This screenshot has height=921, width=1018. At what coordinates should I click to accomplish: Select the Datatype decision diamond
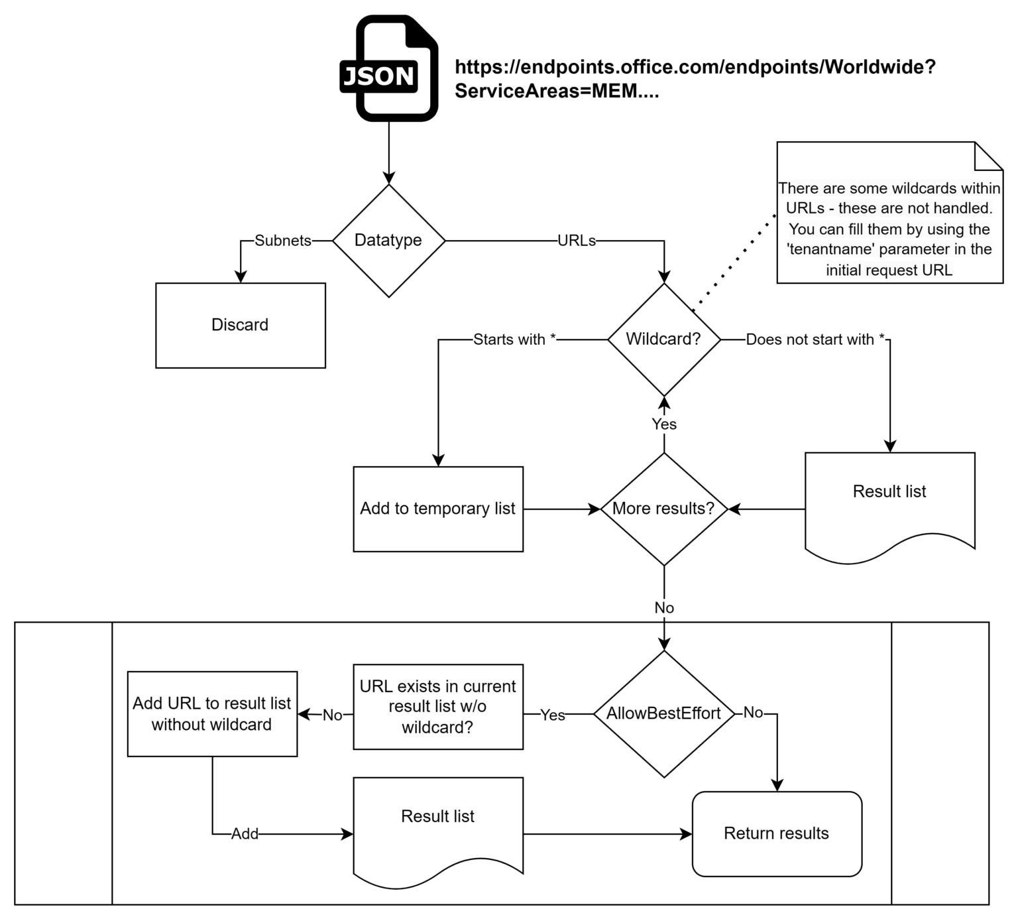coord(388,241)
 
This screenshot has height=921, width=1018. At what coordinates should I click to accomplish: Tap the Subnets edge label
coord(283,241)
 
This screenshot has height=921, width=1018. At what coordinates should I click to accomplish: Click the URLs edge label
coord(576,241)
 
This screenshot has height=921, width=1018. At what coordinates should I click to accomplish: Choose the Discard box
coord(240,325)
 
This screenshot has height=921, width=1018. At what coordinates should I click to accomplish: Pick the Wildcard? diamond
coord(663,339)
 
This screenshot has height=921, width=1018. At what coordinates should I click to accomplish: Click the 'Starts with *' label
coord(514,339)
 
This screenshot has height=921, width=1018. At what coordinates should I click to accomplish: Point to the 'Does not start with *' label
coord(815,339)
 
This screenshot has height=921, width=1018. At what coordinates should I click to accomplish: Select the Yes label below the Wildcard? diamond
coord(663,424)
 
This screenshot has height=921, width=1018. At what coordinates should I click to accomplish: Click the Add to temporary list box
coord(437,509)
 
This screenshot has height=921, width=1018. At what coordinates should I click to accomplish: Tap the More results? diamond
coord(663,509)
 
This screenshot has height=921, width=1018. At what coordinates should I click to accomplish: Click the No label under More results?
coord(663,607)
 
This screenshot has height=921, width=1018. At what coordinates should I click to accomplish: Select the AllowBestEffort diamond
coord(663,713)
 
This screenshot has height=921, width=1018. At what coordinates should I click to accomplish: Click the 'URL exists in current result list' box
coord(437,707)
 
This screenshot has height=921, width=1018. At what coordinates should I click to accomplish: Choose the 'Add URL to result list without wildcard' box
coord(212,713)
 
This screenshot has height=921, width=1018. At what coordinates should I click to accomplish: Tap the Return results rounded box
coord(777,833)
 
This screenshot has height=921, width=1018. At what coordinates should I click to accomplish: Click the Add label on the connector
coord(245,834)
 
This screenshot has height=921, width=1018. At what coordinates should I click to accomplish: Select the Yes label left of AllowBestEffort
coord(552,715)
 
